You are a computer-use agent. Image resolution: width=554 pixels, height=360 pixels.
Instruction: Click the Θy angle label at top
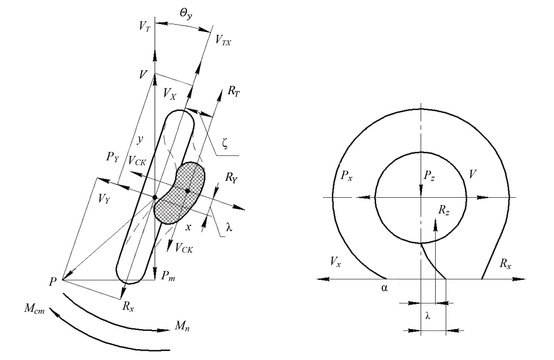186,14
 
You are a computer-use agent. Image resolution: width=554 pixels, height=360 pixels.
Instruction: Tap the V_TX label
223,40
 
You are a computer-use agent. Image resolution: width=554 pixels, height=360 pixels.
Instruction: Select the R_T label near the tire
233,91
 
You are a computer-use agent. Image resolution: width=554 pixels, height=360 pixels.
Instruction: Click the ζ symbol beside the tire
225,143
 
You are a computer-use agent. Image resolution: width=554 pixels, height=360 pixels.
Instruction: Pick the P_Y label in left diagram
113,157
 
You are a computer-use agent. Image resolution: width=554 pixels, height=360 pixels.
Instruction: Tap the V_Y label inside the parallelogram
104,199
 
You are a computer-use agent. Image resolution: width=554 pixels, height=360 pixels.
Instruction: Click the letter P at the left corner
53,282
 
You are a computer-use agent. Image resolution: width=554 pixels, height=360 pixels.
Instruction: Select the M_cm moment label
34,309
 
